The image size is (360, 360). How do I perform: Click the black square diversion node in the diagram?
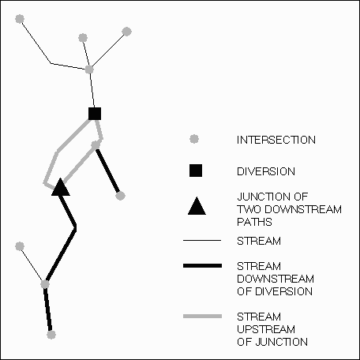[x=95, y=114]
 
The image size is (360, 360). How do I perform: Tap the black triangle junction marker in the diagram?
[x=61, y=187]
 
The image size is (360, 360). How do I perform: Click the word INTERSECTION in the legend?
[x=276, y=140]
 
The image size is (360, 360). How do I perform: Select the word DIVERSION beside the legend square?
[x=266, y=171]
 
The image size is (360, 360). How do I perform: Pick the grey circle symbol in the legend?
[x=194, y=139]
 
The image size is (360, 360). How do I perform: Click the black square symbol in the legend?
[x=196, y=171]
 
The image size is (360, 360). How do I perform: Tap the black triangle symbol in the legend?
[x=197, y=206]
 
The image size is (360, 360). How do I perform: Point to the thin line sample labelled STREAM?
[x=202, y=240]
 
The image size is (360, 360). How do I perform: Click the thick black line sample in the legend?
[x=202, y=266]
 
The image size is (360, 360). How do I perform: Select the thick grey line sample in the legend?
[x=202, y=317]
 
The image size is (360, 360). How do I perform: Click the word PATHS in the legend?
[x=254, y=222]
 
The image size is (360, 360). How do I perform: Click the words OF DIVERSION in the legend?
[x=275, y=291]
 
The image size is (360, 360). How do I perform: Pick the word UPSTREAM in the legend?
[x=266, y=329]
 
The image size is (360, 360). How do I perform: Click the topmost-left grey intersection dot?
[x=20, y=19]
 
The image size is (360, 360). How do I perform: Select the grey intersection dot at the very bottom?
[x=51, y=335]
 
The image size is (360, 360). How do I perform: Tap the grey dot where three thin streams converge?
[x=89, y=69]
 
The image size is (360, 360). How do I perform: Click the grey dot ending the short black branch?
[x=120, y=196]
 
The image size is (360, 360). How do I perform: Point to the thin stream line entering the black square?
[x=92, y=89]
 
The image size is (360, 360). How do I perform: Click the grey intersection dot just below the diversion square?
[x=96, y=144]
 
